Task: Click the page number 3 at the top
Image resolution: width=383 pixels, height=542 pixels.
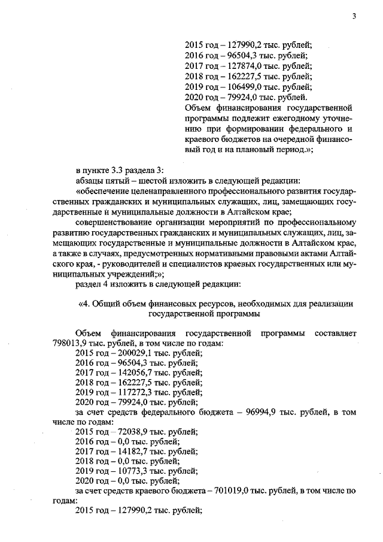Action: point(354,17)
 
